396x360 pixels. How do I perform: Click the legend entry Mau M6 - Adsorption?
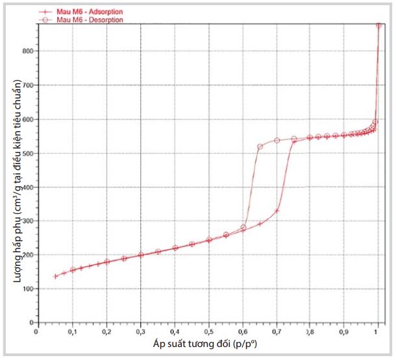(90, 12)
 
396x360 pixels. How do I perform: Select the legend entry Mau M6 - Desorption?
(90, 20)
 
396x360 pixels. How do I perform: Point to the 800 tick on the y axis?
(27, 51)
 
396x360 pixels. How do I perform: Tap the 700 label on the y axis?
(27, 85)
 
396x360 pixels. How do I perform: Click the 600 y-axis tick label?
(27, 119)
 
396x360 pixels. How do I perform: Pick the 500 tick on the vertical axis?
(27, 153)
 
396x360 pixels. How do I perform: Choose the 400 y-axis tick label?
(27, 187)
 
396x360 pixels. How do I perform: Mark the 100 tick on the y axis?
(27, 289)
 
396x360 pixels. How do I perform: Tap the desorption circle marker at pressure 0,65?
(260, 147)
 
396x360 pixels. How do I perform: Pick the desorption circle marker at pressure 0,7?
(277, 140)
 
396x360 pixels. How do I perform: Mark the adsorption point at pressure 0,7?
(277, 211)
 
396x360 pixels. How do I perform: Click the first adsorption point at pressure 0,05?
(55, 276)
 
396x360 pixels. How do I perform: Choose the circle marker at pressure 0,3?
(141, 254)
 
